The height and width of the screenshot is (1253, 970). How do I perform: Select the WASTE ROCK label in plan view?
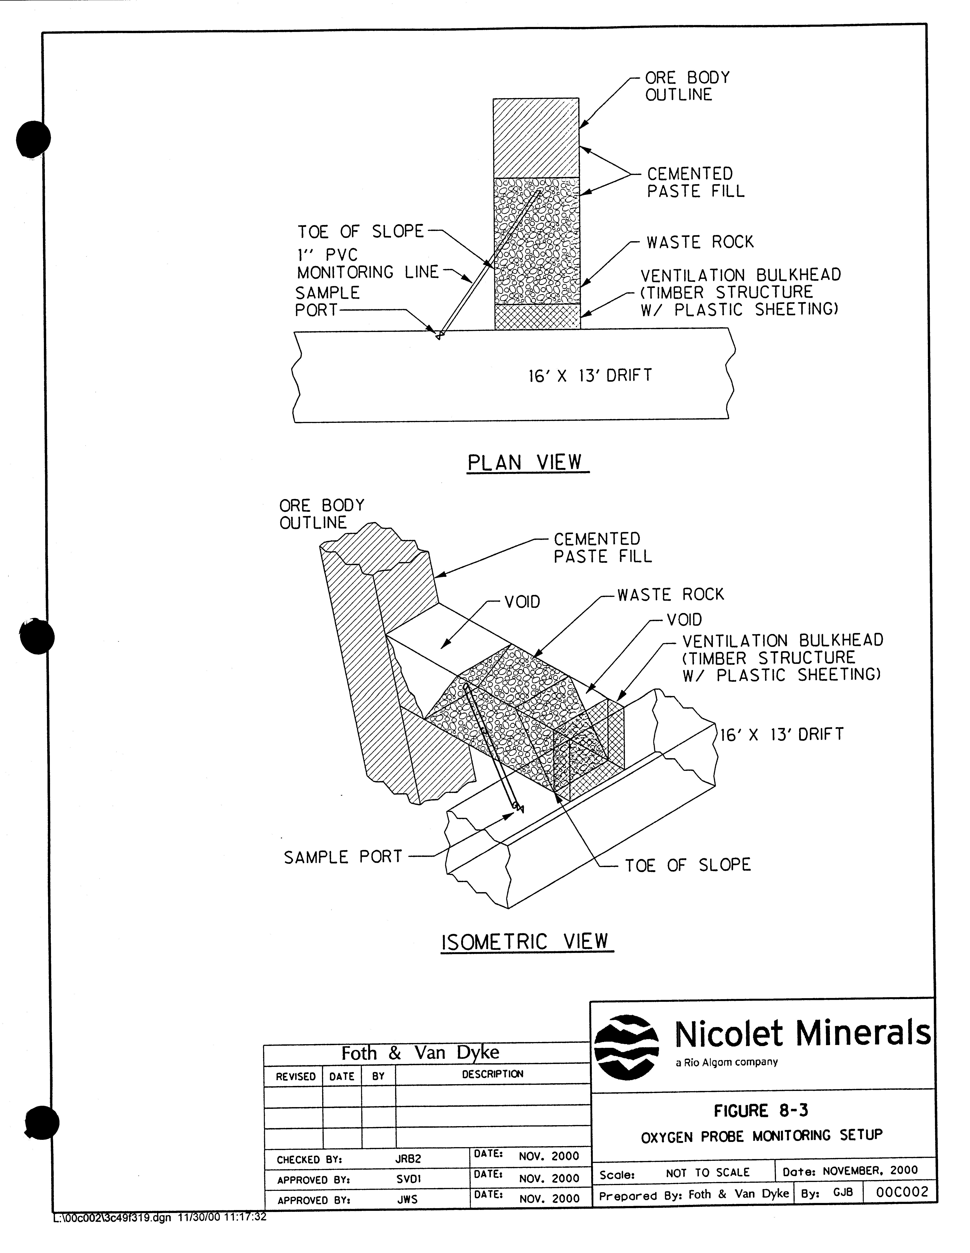[x=700, y=242]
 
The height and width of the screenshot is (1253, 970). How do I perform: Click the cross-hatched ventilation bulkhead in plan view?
[x=537, y=317]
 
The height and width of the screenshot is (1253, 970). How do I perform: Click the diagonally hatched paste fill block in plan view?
[x=536, y=138]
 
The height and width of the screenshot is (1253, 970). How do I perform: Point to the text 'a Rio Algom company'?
[x=726, y=1062]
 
